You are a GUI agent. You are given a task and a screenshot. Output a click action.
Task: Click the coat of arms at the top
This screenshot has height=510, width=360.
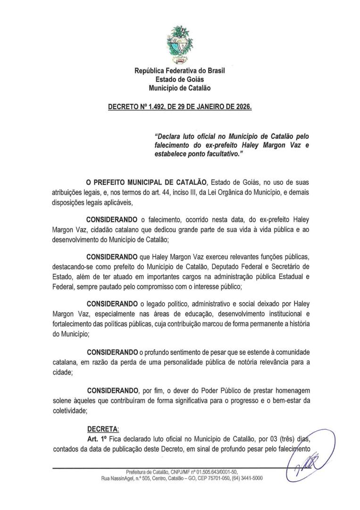click(x=180, y=45)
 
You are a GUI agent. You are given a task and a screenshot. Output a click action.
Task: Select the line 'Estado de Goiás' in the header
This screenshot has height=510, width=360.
click(x=180, y=79)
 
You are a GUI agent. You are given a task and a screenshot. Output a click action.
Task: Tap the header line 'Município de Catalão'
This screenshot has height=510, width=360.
click(x=180, y=88)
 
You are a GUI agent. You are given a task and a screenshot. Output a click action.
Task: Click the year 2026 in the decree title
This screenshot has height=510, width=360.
click(x=243, y=107)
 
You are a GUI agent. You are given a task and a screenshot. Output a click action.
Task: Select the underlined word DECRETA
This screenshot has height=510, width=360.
click(x=103, y=430)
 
